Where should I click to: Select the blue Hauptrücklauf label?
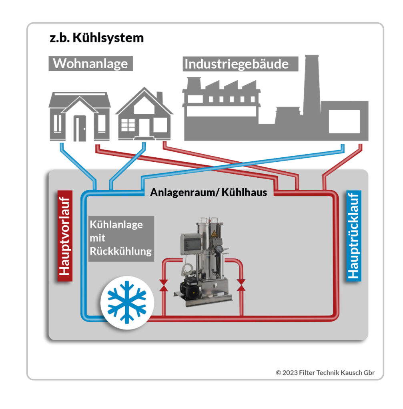tap(353, 236)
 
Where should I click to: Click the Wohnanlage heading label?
tap(90, 64)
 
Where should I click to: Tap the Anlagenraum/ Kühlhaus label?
tap(209, 192)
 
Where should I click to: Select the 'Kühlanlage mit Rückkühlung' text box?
tap(120, 238)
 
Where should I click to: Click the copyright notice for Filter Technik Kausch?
tap(325, 373)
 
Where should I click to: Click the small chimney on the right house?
tap(160, 97)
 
